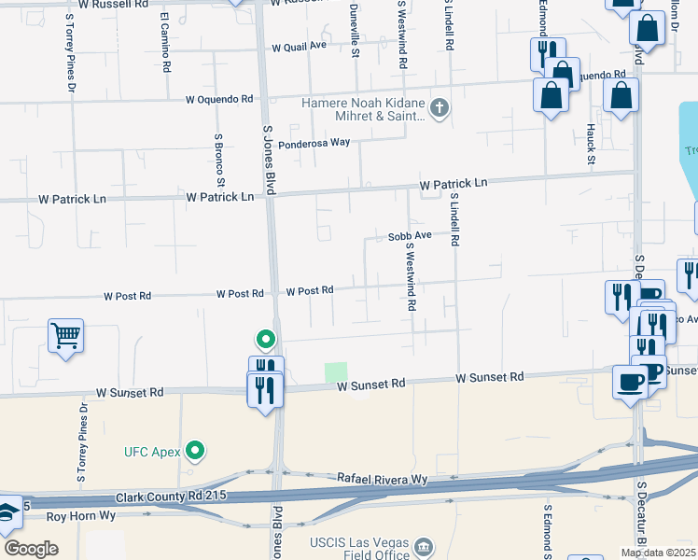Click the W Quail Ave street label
(x=300, y=47)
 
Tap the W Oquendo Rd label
(x=219, y=99)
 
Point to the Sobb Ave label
(x=410, y=235)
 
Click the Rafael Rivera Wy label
(x=382, y=479)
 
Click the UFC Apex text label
(x=153, y=453)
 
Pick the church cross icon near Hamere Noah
(x=440, y=107)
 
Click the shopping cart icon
(x=66, y=334)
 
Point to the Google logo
(x=31, y=548)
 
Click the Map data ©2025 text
(x=658, y=553)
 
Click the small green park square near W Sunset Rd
(x=336, y=371)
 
